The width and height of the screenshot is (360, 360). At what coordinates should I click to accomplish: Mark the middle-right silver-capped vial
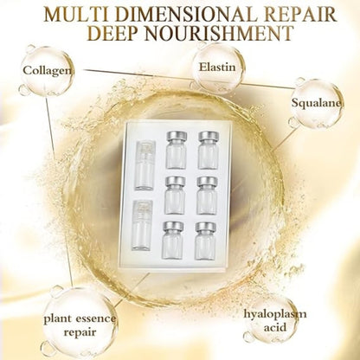pos(207,195)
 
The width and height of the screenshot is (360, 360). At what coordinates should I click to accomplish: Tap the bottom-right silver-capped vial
pos(207,241)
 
